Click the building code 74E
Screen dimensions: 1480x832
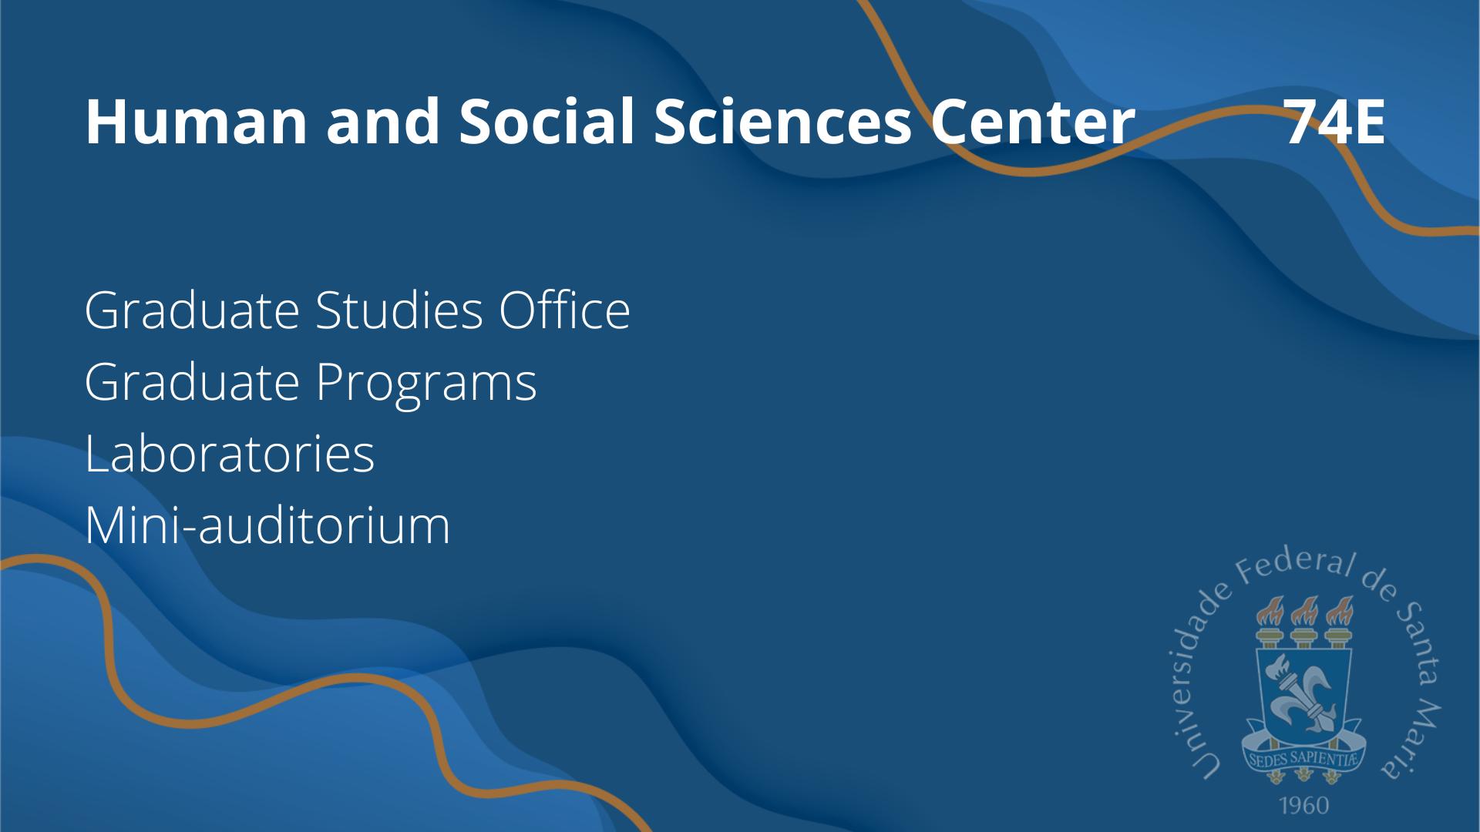point(1336,122)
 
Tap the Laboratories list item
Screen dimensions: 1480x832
point(230,453)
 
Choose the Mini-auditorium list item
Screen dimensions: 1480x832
point(267,525)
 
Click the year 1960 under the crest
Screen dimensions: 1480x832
point(1304,806)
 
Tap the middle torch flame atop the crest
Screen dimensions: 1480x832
point(1304,612)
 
